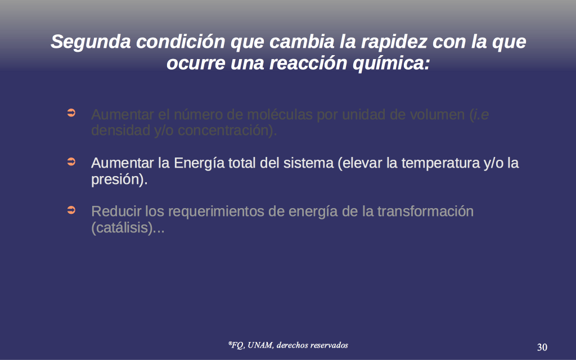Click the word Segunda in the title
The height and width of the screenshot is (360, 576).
[91, 42]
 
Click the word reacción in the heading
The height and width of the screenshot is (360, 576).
[308, 63]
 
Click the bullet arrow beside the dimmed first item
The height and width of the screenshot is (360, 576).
[71, 112]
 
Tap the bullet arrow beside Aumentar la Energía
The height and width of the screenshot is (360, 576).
[71, 161]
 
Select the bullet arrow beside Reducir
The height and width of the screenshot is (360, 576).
[71, 210]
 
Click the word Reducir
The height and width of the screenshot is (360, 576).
[116, 211]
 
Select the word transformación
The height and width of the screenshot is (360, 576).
[425, 211]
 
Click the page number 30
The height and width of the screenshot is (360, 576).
[542, 347]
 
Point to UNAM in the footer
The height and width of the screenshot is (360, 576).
[260, 345]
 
